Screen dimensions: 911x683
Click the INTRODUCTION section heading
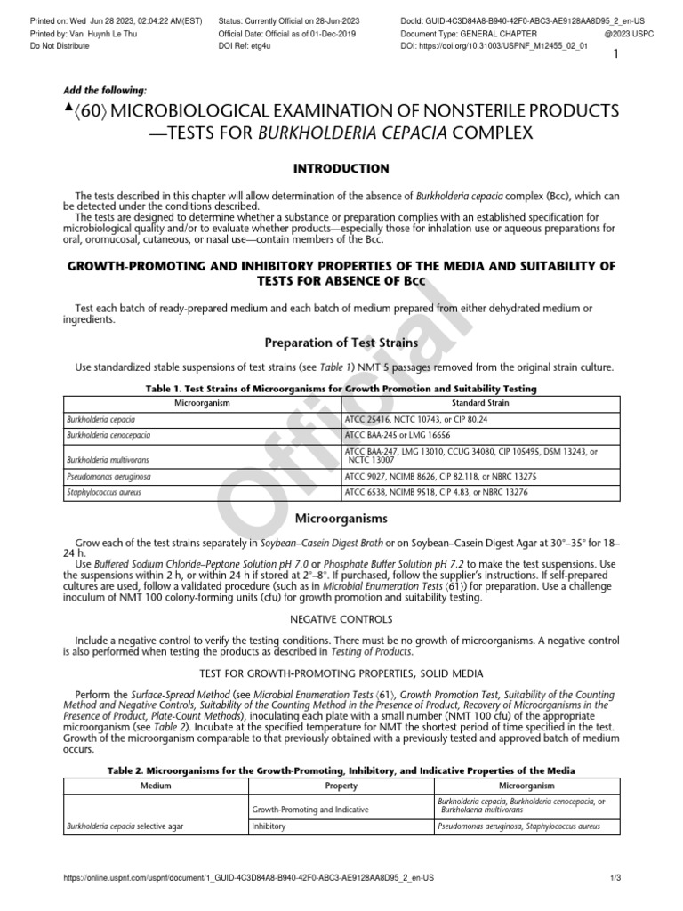(341, 168)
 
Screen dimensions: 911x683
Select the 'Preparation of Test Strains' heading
(341, 343)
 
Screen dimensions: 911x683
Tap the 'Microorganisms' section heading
(341, 517)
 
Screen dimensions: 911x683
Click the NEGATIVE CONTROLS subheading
(341, 617)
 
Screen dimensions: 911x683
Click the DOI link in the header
(507, 44)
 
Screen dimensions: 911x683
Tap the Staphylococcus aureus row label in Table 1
(101, 491)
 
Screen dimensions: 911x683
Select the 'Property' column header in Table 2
(341, 786)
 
